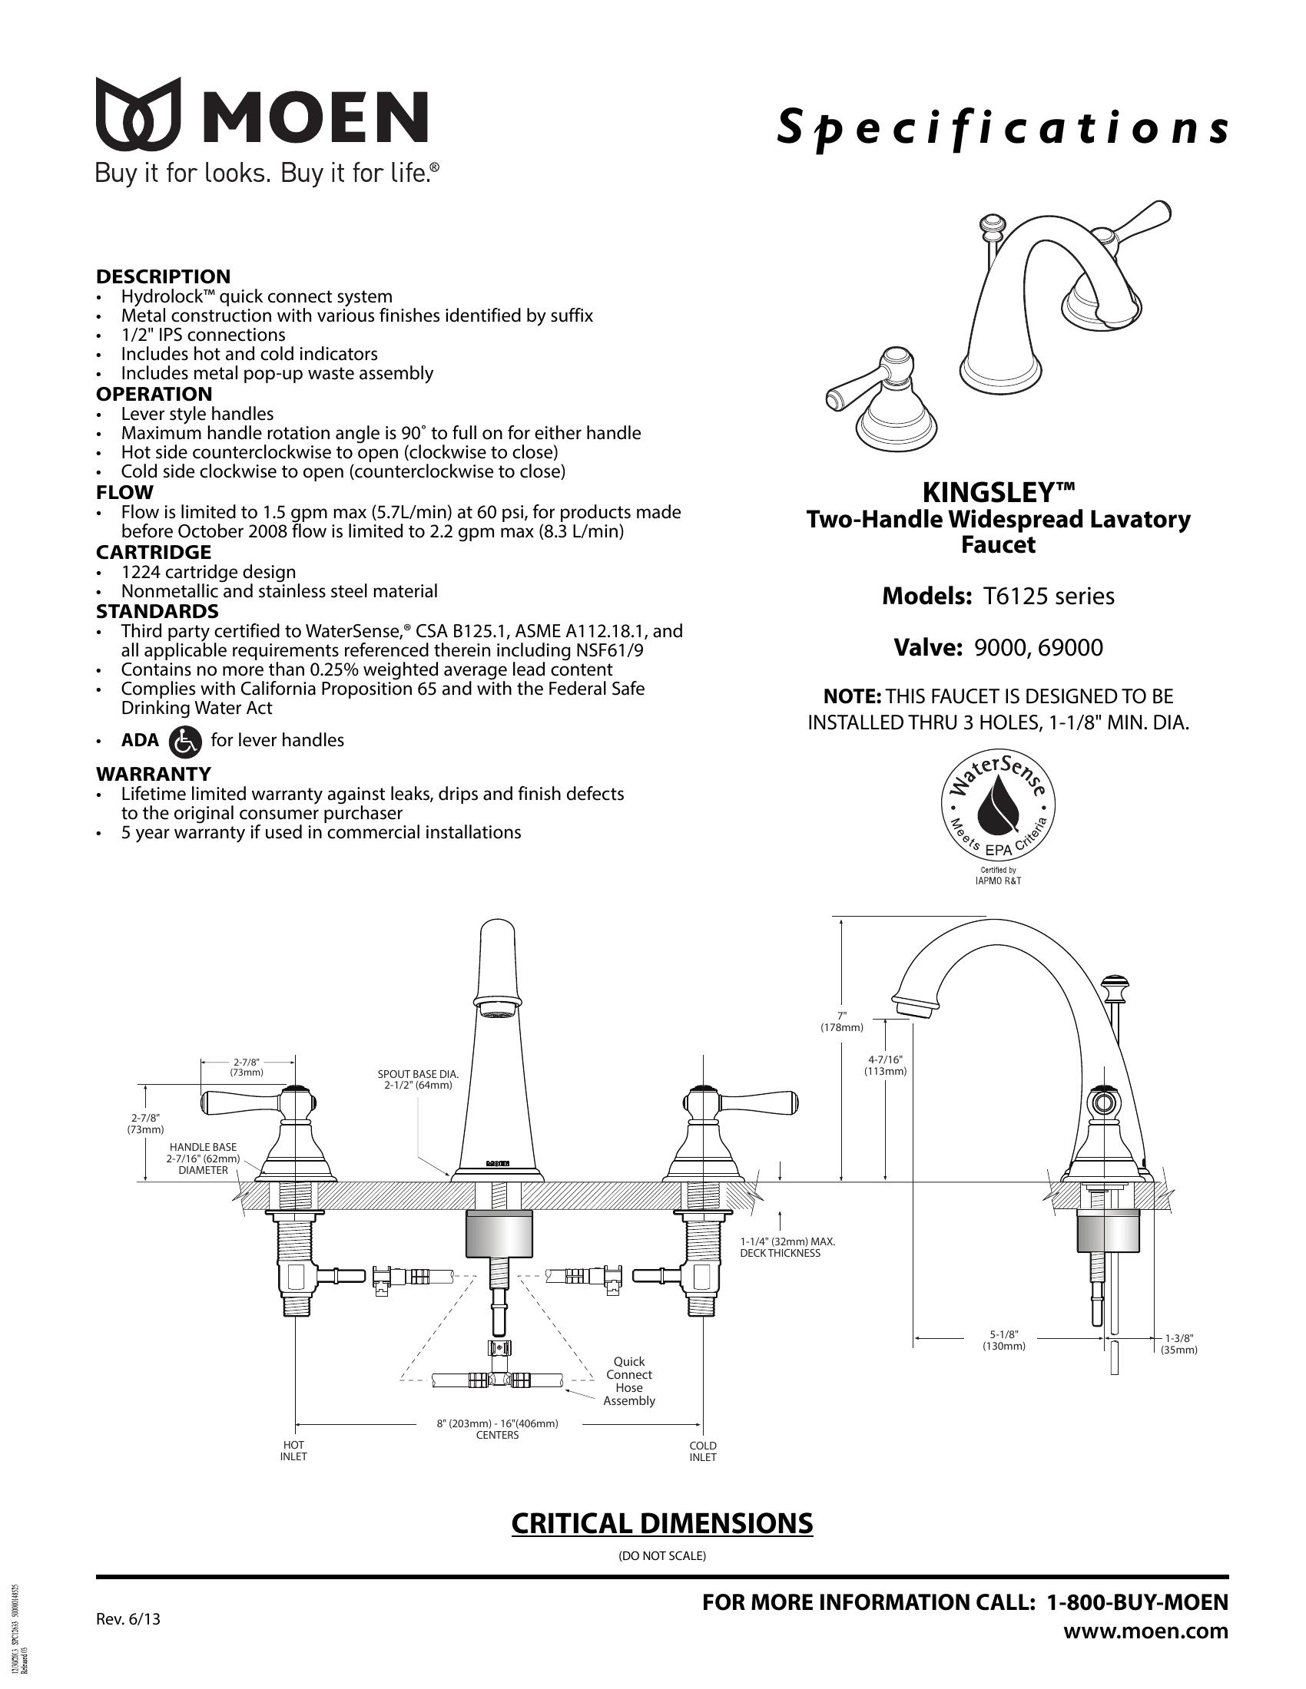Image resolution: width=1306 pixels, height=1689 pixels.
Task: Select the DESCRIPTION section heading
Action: (163, 276)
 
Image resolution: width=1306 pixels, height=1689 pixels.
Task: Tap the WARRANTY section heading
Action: (153, 773)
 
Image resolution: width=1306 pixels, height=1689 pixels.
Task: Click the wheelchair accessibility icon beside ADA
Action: (184, 741)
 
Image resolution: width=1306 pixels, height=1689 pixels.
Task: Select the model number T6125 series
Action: (1049, 596)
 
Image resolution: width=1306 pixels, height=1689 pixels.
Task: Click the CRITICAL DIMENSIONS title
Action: (662, 1522)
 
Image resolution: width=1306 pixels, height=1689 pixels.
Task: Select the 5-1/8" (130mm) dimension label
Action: (1003, 1340)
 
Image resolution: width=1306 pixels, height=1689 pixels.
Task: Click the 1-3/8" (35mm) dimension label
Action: (1178, 1344)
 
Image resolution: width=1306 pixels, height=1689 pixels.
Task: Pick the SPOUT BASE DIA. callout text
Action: (418, 1079)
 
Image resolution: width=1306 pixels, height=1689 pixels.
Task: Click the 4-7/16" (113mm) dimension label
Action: (885, 1065)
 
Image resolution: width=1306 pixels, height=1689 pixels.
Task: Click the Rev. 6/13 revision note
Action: (128, 1618)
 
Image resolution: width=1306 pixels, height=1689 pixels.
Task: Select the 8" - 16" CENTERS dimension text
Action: (497, 1430)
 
